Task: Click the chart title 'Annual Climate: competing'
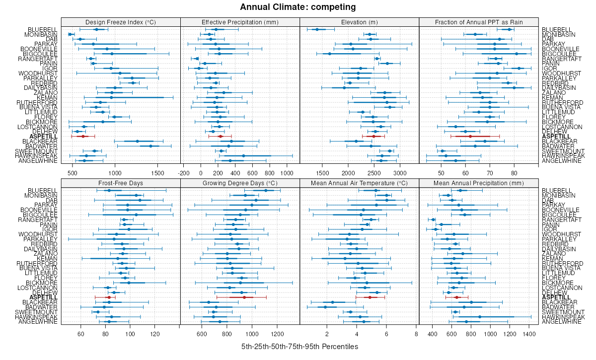[x=298, y=7]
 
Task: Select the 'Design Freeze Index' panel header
[x=121, y=22]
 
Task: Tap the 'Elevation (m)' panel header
[x=360, y=22]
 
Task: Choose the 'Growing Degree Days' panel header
[x=240, y=183]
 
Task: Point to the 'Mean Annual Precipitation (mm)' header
[x=479, y=183]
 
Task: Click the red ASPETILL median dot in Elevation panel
[x=374, y=136]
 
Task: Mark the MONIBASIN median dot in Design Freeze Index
[x=70, y=34]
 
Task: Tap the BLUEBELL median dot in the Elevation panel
[x=317, y=29]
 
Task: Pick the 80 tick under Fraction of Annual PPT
[x=514, y=173]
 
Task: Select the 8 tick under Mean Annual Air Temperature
[x=416, y=334]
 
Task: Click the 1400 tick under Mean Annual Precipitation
[x=529, y=334]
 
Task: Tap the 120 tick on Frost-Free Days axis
[x=154, y=334]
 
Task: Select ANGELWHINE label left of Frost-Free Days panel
[x=38, y=321]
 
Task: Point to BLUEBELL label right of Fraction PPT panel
[x=555, y=29]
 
